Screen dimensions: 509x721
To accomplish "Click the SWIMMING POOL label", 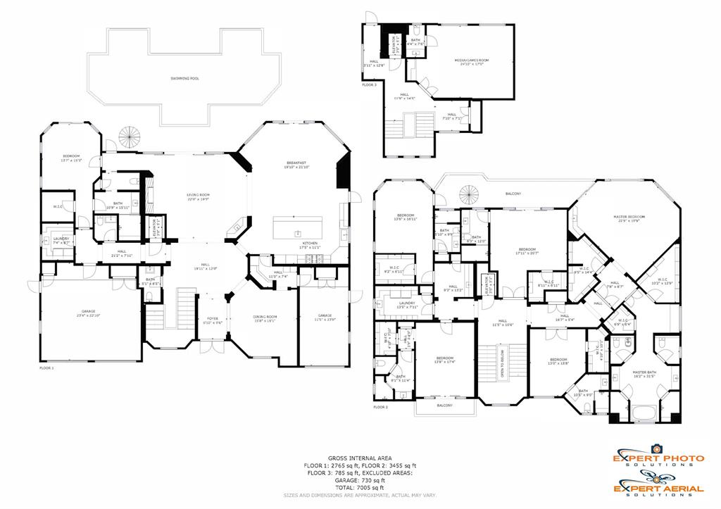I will click(184, 78).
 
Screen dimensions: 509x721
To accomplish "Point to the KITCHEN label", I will click(311, 244).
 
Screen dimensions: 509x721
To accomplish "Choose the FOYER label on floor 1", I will click(213, 320).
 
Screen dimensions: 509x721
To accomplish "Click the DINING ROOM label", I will click(265, 318).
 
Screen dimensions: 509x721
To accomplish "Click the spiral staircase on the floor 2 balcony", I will click(468, 193).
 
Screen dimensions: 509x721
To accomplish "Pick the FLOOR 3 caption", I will click(370, 84).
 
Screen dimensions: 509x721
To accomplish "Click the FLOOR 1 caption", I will click(46, 367).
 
